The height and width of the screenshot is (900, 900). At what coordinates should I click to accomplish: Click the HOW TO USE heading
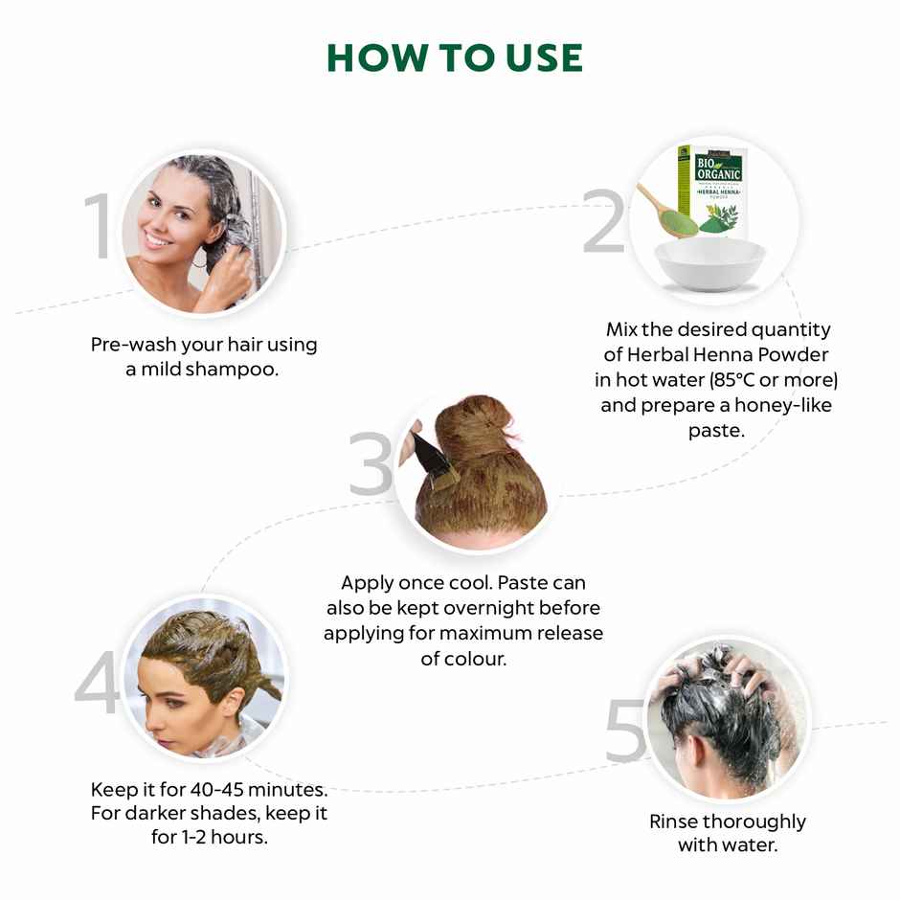point(455,58)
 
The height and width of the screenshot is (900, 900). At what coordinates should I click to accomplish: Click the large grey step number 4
point(98,686)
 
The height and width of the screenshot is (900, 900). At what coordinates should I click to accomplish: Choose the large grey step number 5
point(627,732)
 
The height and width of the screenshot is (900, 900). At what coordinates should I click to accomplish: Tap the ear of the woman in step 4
point(213,700)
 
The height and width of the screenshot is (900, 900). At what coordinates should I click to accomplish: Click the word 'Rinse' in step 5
point(673,821)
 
